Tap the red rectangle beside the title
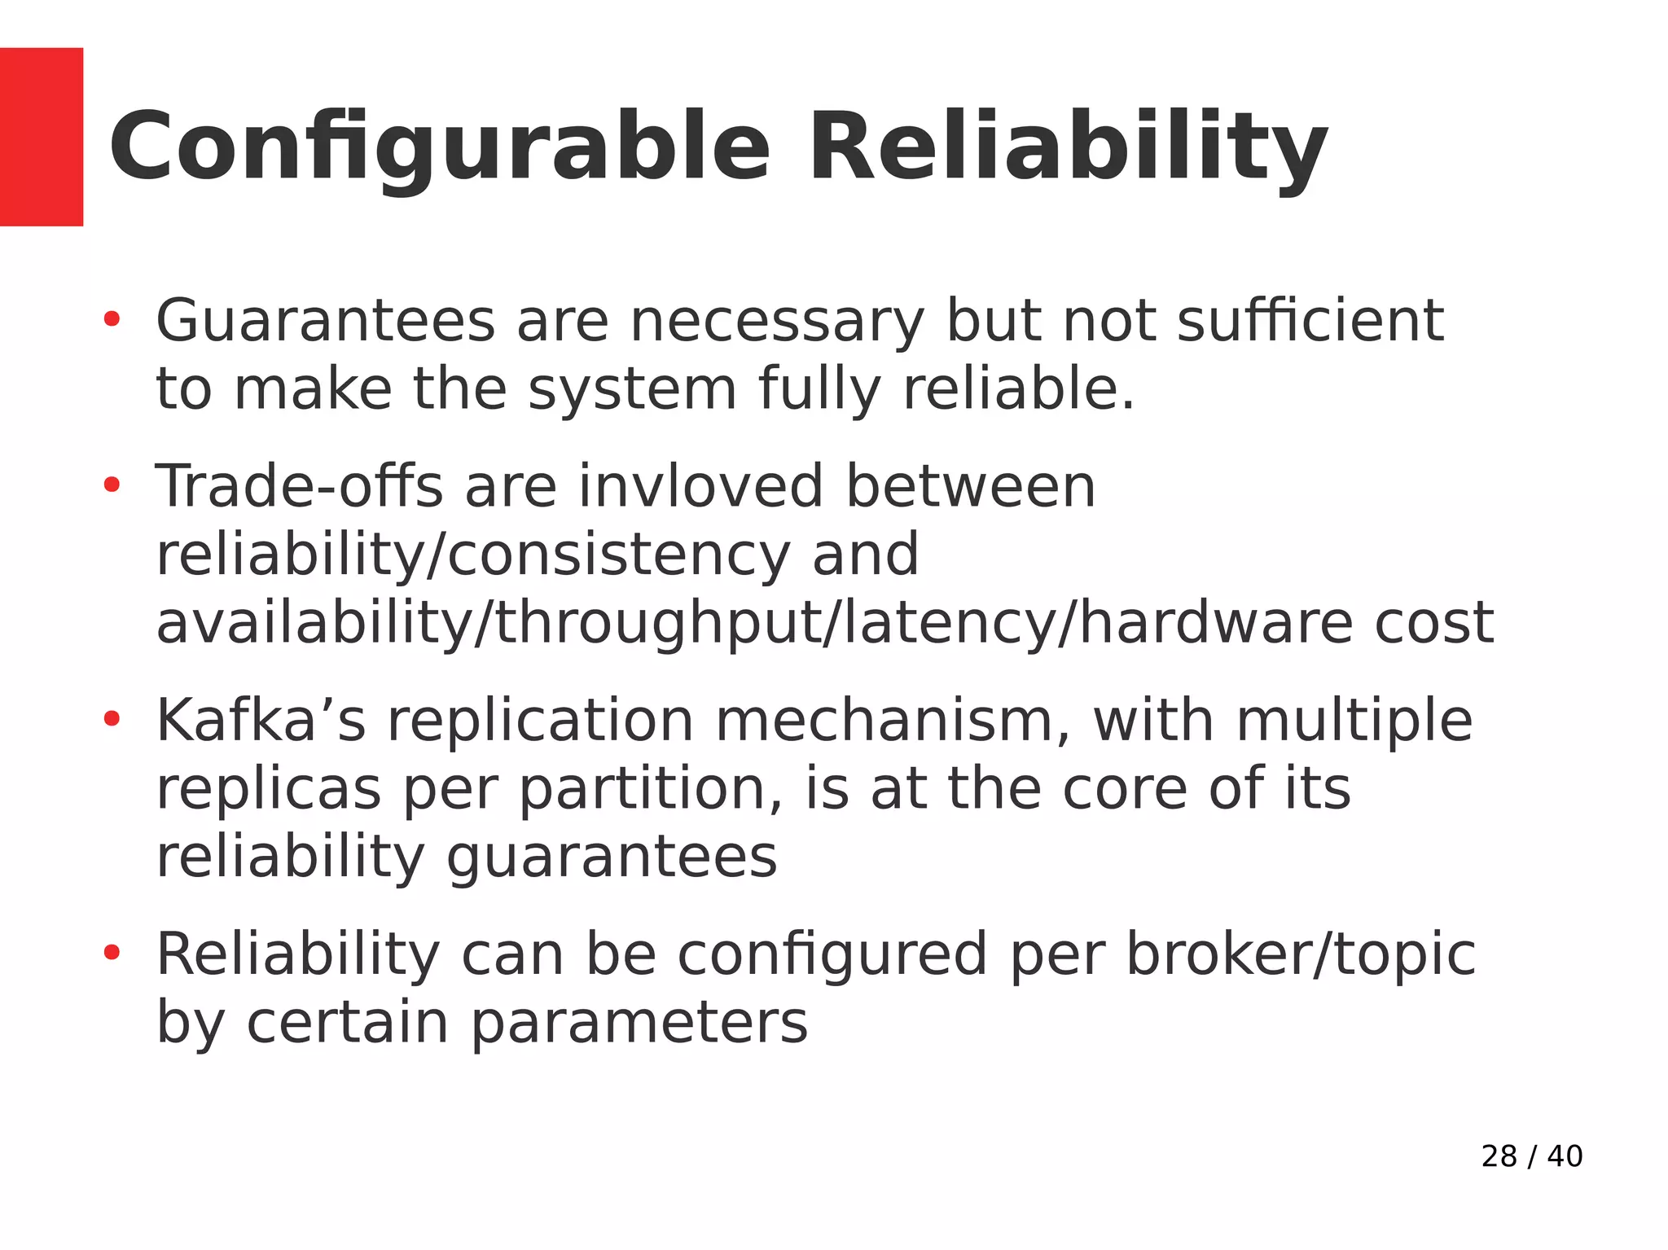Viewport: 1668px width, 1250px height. pyautogui.click(x=41, y=137)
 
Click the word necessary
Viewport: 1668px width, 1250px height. pyautogui.click(x=777, y=322)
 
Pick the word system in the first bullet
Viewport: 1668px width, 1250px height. pyautogui.click(x=632, y=389)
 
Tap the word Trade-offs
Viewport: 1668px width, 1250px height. pyautogui.click(x=299, y=487)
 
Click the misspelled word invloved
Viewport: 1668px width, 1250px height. pyautogui.click(x=700, y=487)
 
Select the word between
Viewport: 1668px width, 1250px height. pyautogui.click(x=970, y=487)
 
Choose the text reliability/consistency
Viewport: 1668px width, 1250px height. pyautogui.click(x=473, y=555)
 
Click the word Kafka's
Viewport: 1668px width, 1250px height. pyautogui.click(x=261, y=721)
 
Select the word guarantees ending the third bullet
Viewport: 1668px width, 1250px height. pyautogui.click(x=612, y=858)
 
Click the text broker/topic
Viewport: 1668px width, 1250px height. pyautogui.click(x=1300, y=954)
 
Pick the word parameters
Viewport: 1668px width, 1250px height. pyautogui.click(x=639, y=1023)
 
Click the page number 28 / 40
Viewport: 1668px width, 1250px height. pyautogui.click(x=1531, y=1156)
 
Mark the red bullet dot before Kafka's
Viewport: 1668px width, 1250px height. pyautogui.click(x=112, y=718)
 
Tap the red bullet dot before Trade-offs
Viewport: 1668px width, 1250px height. pyautogui.click(x=112, y=485)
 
